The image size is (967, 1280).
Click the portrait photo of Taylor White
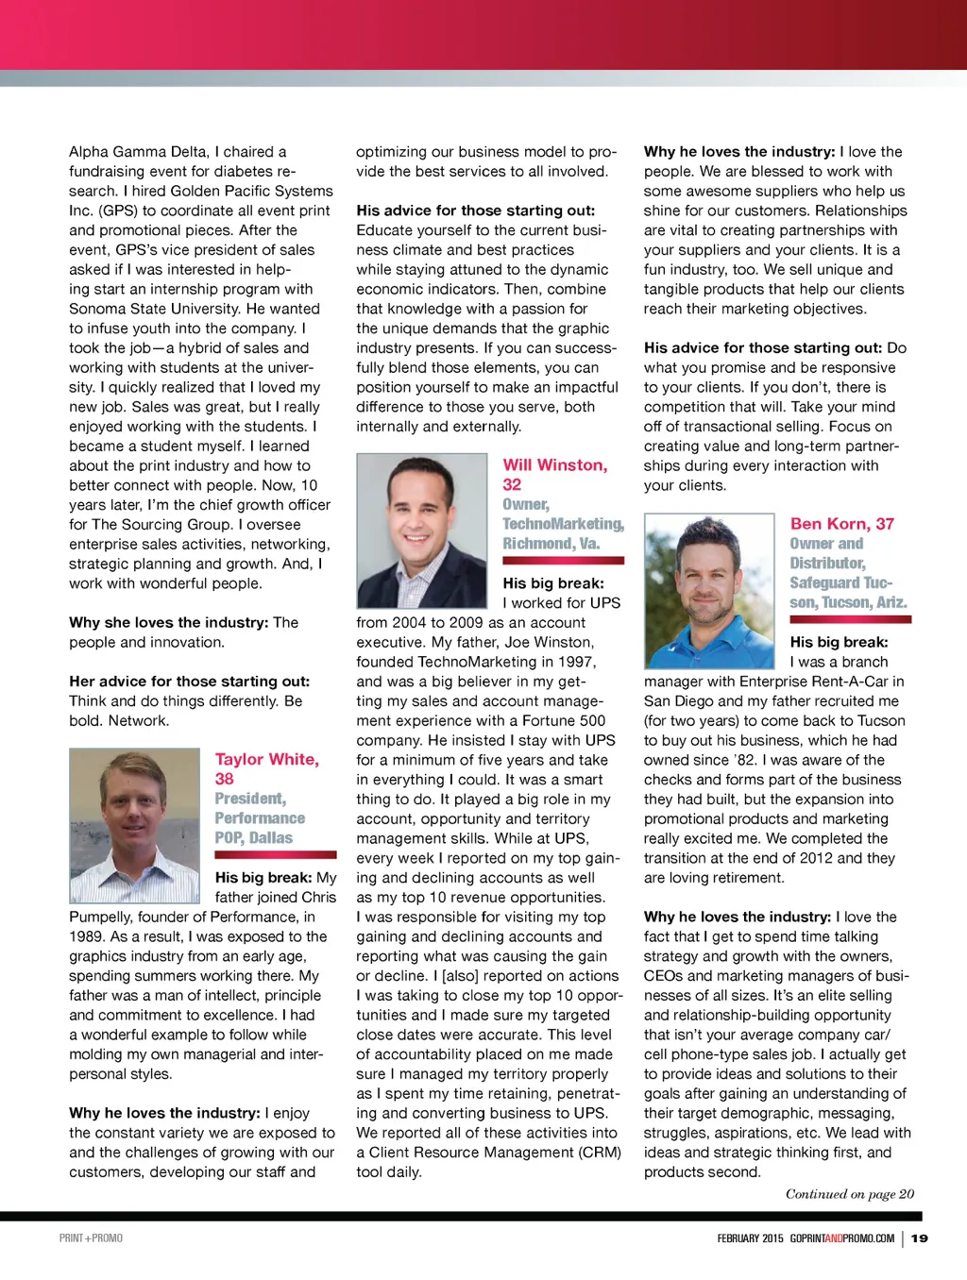pyautogui.click(x=134, y=825)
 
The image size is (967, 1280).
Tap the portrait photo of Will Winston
pyautogui.click(x=422, y=531)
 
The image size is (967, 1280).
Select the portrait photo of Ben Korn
pyautogui.click(x=709, y=591)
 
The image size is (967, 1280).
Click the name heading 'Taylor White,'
pyautogui.click(x=267, y=759)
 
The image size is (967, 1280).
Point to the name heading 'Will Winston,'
pyautogui.click(x=555, y=464)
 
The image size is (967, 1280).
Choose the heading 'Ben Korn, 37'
pyautogui.click(x=842, y=524)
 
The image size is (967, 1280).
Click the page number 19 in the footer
pyautogui.click(x=920, y=1238)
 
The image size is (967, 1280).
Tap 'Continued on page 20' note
pyautogui.click(x=850, y=1194)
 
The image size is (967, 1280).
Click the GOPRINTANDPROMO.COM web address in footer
pyautogui.click(x=842, y=1238)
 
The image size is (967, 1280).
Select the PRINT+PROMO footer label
pyautogui.click(x=91, y=1238)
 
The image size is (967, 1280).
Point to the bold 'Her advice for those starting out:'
pyautogui.click(x=189, y=681)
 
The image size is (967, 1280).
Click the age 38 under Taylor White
pyautogui.click(x=224, y=779)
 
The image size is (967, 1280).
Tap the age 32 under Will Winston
pyautogui.click(x=512, y=484)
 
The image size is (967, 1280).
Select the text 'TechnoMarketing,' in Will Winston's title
pyautogui.click(x=563, y=524)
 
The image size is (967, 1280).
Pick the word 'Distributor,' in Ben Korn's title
pyautogui.click(x=827, y=564)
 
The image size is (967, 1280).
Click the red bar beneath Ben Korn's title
pyautogui.click(x=851, y=619)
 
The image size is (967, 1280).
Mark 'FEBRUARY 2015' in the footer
pyautogui.click(x=750, y=1238)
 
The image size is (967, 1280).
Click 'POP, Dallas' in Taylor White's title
pyautogui.click(x=253, y=838)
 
